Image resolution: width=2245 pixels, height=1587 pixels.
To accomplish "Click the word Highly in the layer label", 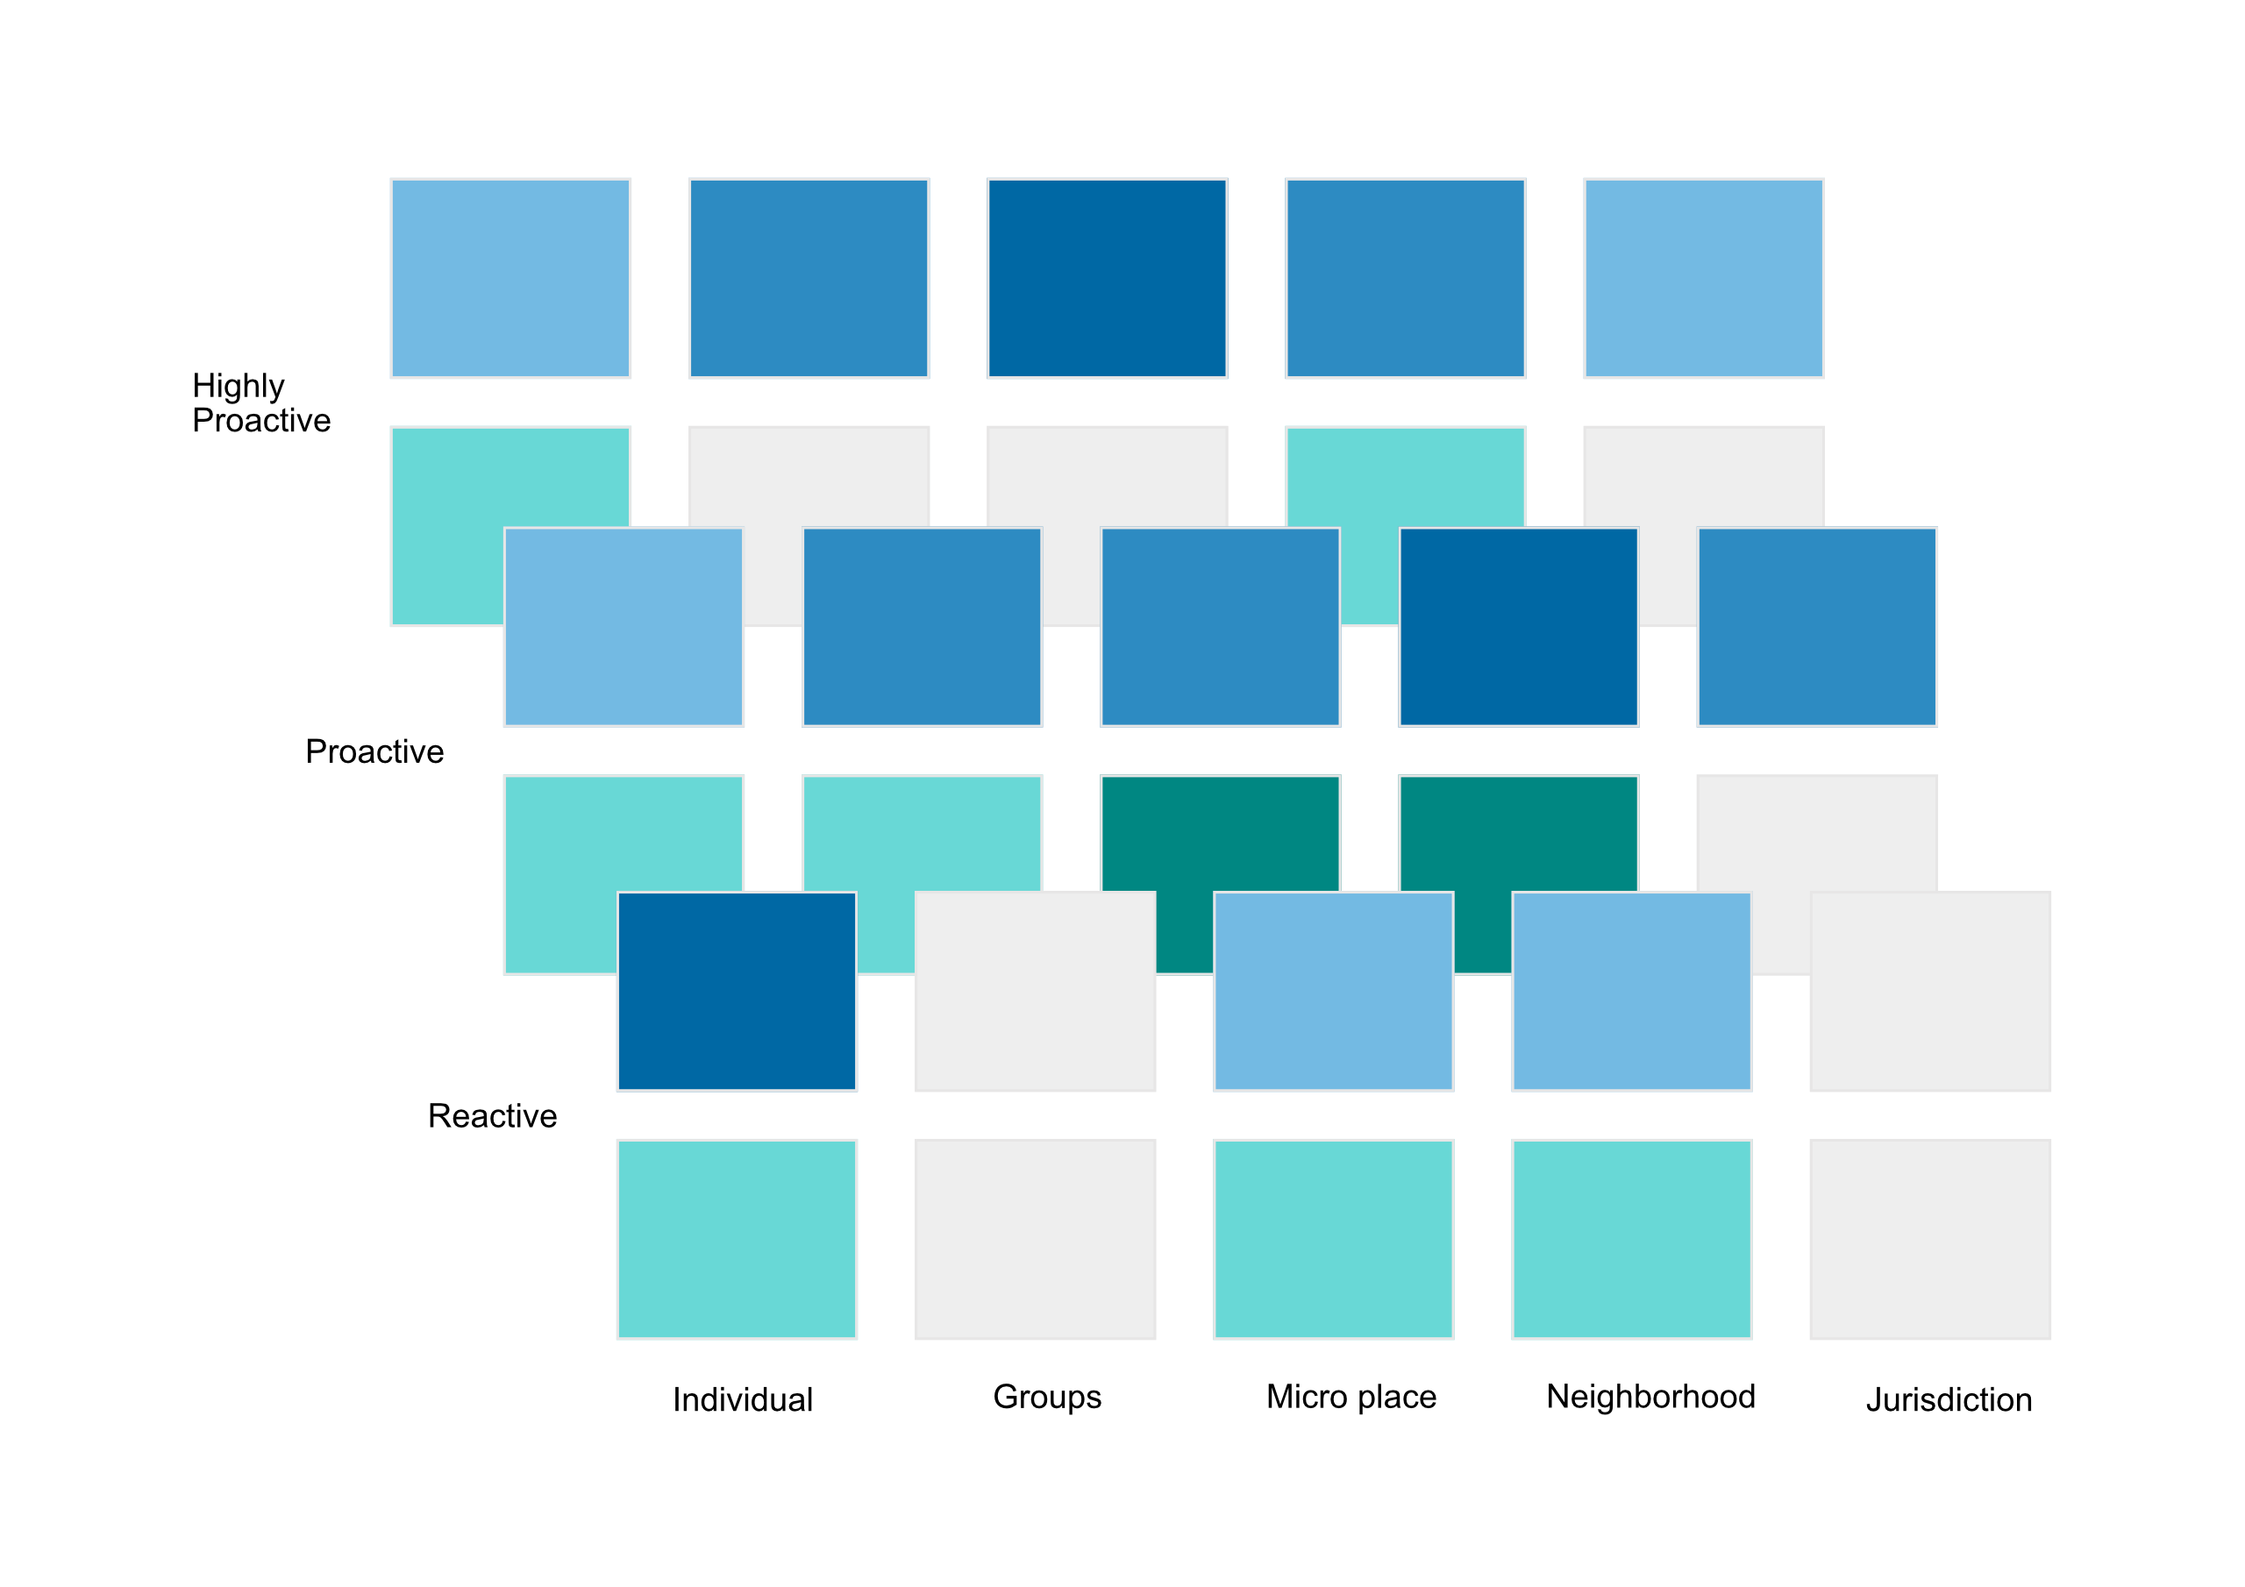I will (238, 387).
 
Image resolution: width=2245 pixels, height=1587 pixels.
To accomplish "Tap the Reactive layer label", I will (492, 1115).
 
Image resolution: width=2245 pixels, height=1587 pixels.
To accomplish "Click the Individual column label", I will (742, 1399).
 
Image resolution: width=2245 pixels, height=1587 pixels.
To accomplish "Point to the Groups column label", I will (1046, 1397).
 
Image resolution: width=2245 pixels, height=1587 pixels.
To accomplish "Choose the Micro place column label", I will (1351, 1397).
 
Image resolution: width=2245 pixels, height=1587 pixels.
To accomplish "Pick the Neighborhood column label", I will (1650, 1397).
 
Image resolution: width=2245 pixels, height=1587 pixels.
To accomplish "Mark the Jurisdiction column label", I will (1949, 1399).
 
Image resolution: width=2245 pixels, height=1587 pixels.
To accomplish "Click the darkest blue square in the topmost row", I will (1107, 278).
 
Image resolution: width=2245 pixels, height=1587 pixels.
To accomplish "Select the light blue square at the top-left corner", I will (510, 278).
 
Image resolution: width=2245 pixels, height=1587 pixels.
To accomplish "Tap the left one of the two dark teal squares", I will (1220, 831).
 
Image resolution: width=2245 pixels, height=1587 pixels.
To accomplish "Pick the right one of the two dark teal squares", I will (1519, 831).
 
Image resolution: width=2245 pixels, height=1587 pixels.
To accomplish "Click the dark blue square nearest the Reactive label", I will (737, 991).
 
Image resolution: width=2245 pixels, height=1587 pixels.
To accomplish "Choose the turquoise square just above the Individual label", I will (737, 1239).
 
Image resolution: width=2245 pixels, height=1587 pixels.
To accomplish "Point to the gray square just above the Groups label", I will (1035, 1239).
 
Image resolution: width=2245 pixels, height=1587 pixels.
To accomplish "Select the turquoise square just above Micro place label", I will (1333, 1239).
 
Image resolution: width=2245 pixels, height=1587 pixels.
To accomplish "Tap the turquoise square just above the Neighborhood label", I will (1631, 1239).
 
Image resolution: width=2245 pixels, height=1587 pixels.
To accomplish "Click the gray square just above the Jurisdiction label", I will (1929, 1239).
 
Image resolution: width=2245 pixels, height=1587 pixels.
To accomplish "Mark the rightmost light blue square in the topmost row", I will (1703, 278).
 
